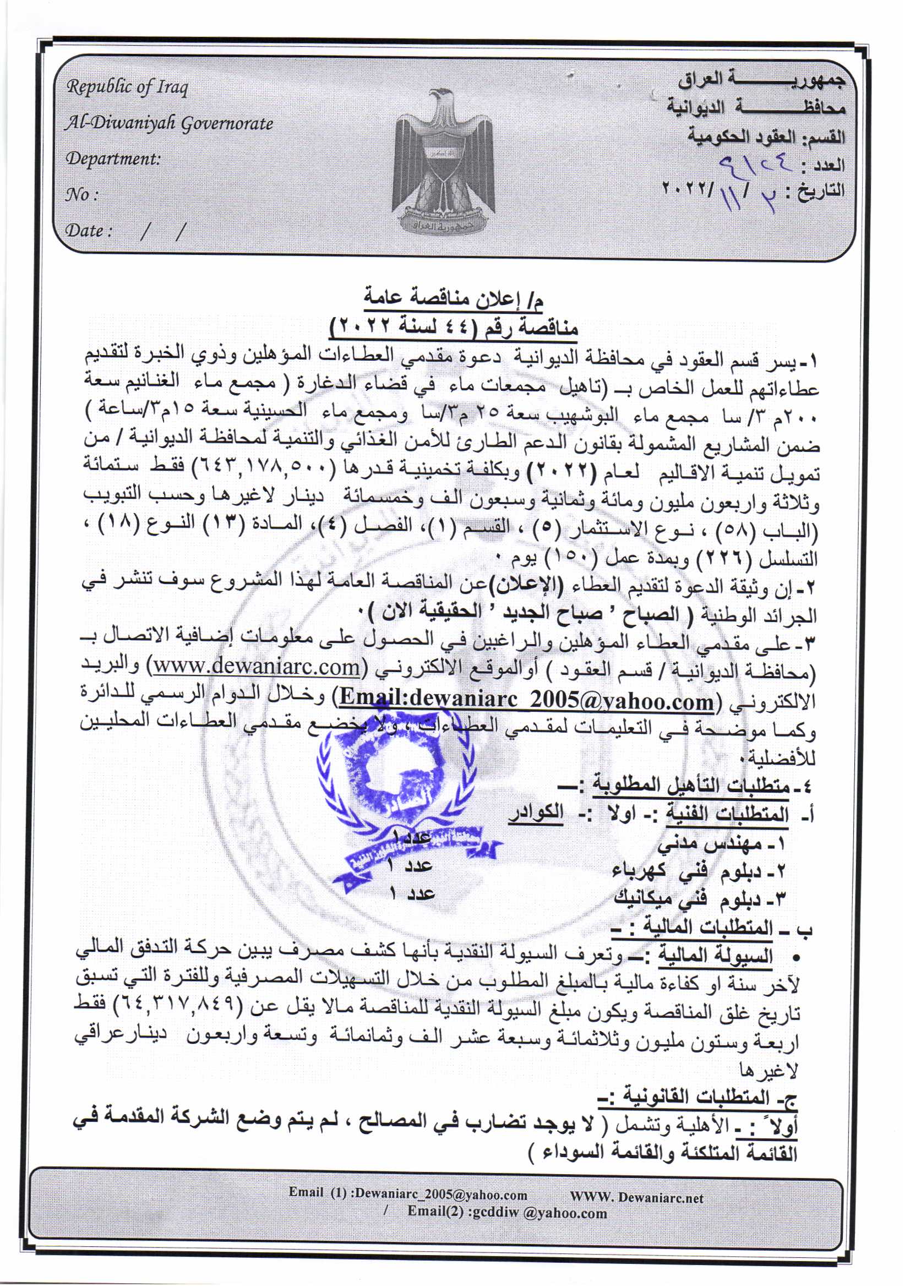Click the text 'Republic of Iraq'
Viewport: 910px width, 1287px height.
127,88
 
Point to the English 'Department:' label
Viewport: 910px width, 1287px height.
113,159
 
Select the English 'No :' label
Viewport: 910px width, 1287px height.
83,195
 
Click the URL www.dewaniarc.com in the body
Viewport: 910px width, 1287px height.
257,667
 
